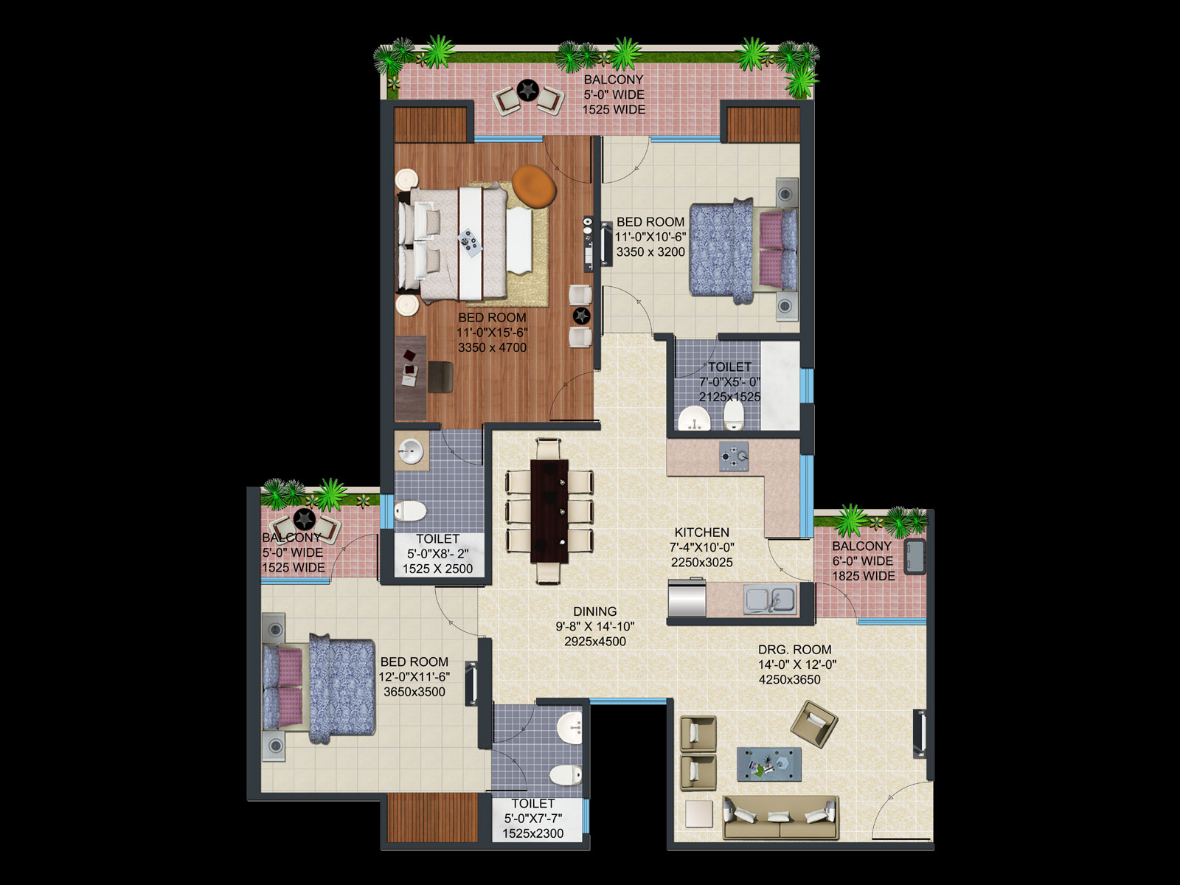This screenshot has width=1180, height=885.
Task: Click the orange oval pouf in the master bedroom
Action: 534,186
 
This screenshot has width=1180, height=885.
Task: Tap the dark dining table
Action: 549,511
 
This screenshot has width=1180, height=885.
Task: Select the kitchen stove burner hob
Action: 734,457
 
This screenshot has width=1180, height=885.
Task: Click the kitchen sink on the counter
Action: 770,600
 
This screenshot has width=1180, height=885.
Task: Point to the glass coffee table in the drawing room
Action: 768,763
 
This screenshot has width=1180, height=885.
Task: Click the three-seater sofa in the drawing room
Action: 780,817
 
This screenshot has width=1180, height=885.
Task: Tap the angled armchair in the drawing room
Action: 814,723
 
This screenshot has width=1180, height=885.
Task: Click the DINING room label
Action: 594,611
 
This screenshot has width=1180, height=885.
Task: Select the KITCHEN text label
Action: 701,532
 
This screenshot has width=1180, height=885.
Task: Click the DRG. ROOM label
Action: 794,650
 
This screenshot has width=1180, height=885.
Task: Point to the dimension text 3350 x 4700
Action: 492,347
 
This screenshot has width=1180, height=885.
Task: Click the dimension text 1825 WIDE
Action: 864,576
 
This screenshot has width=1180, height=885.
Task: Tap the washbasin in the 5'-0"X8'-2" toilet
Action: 412,451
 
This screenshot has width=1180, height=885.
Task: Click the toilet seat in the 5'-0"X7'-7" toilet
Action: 566,775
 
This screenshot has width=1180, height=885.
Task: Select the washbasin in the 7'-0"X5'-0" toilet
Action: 694,419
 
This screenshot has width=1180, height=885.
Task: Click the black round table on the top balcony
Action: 527,90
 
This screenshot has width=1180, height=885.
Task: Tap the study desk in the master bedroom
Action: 410,378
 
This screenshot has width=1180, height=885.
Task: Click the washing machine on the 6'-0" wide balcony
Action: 914,557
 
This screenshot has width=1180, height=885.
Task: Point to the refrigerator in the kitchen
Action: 687,597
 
